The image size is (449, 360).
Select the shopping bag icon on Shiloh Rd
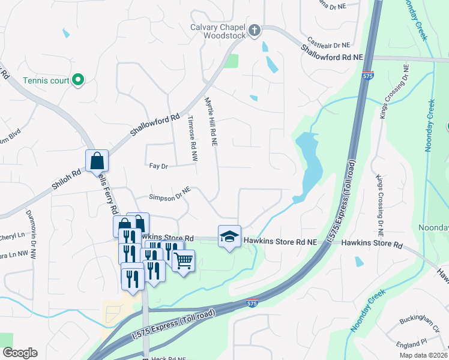[97, 161]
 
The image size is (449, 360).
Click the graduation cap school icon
[229, 237]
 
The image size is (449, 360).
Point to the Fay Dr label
[157, 166]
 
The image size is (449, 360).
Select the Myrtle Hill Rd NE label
[211, 122]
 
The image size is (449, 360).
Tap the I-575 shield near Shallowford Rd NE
[367, 76]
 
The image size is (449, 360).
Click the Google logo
[20, 353]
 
